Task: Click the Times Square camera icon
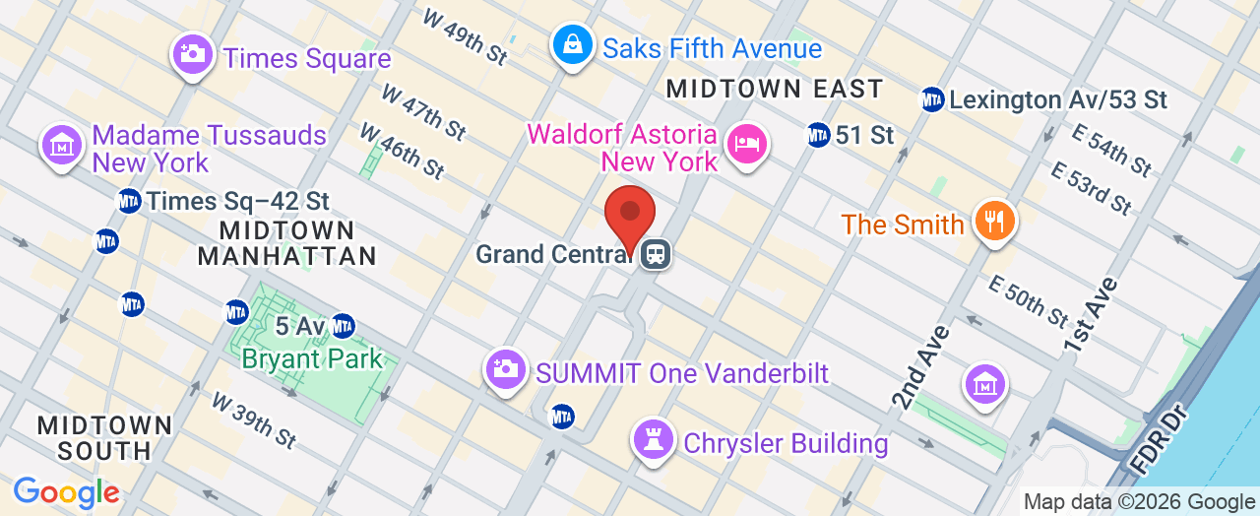coord(193,53)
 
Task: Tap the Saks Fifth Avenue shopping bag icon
coord(571,43)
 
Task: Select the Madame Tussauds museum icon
coord(62,145)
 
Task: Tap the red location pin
coord(629,214)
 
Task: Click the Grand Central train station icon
coord(655,255)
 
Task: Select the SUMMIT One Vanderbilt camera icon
coord(506,369)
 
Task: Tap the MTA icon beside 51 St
coord(818,134)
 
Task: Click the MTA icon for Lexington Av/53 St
coord(932,99)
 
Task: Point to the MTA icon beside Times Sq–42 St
coord(129,201)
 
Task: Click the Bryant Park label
coord(312,358)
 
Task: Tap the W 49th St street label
coord(466,37)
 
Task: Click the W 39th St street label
coord(254,419)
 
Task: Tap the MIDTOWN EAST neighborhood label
coord(775,89)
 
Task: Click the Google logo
coord(66,492)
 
